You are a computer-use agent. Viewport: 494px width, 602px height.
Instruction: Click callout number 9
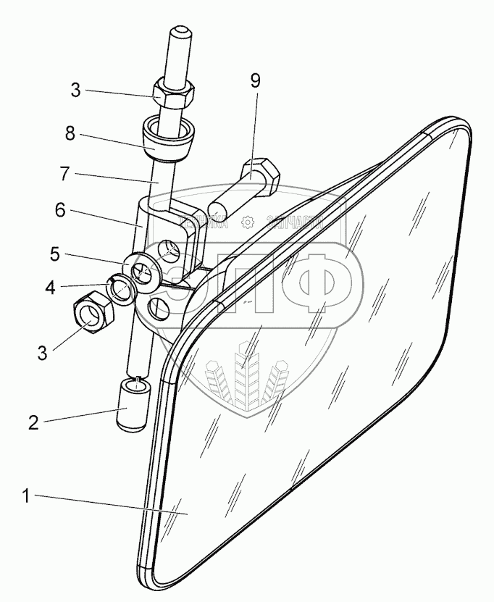(255, 80)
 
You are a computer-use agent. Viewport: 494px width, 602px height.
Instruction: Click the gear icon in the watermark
(247, 223)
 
